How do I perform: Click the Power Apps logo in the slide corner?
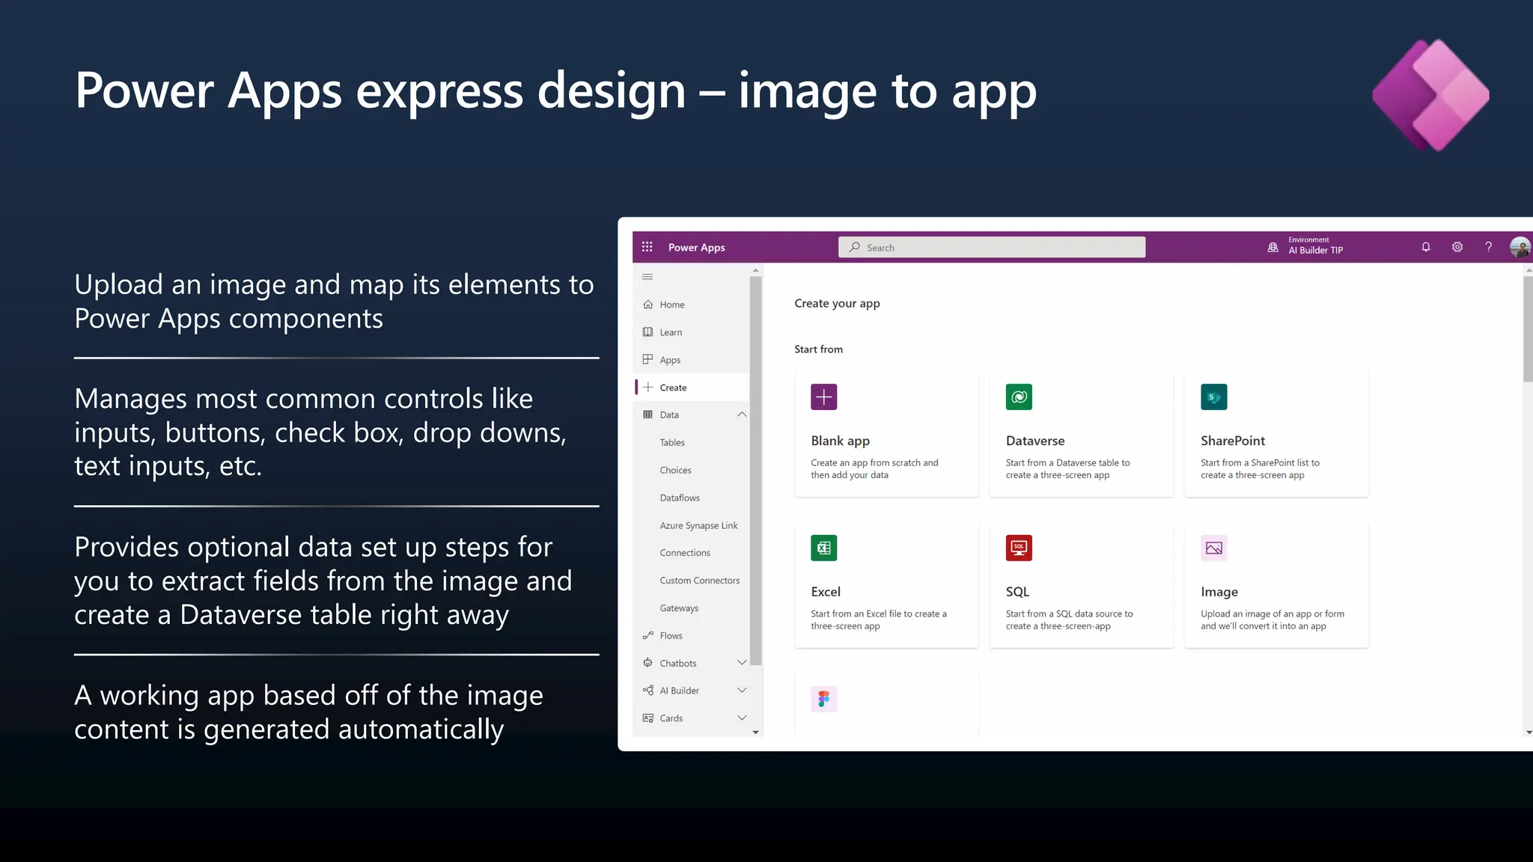pos(1430,95)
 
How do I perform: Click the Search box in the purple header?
pos(991,248)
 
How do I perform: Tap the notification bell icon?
pos(1426,247)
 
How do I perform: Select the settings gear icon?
pos(1457,247)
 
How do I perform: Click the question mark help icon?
pos(1489,247)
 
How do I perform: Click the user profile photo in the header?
pos(1520,247)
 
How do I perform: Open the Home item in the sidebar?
pos(671,305)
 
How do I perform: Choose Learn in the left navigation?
pos(671,332)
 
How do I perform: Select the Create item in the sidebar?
pos(673,388)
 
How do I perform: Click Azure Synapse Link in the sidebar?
pos(698,525)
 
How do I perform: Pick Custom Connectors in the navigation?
pos(699,581)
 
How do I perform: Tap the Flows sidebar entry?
pos(671,636)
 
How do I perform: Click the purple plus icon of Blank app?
pos(823,397)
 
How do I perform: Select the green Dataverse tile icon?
pos(1019,397)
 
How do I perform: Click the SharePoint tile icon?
pos(1213,397)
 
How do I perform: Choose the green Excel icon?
pos(823,548)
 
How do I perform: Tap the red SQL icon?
pos(1019,548)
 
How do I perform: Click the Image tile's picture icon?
pos(1213,548)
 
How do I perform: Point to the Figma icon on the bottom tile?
pos(823,699)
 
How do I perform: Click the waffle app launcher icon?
pos(647,247)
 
